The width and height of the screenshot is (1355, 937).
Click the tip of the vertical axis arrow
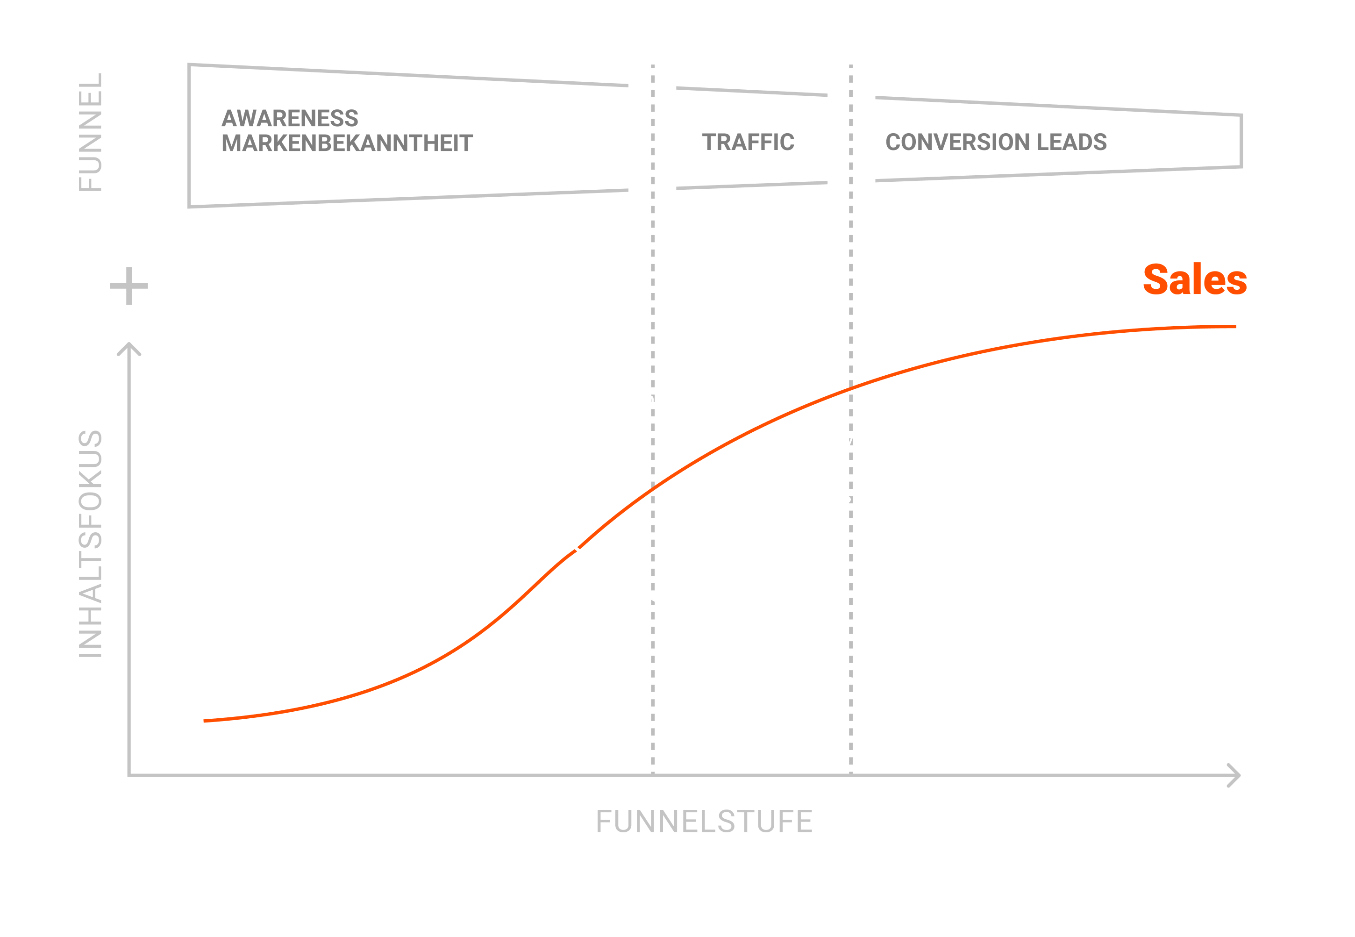tap(129, 343)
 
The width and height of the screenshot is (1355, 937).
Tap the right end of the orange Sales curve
tap(1236, 326)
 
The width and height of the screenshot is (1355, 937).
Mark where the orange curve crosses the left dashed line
tap(653, 488)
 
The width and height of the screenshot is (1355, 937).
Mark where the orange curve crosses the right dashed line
tap(850, 388)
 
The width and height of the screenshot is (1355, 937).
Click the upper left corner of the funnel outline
tap(189, 64)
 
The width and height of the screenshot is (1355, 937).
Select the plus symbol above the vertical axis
tap(129, 286)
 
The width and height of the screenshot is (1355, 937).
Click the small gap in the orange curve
tap(577, 550)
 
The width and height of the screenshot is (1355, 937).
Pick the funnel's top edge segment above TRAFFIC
tap(752, 92)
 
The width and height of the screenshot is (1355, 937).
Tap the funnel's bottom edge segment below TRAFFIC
tap(752, 186)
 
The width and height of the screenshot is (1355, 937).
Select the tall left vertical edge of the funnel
tap(189, 136)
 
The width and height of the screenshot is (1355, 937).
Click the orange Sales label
tap(1195, 279)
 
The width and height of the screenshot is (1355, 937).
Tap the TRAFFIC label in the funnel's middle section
tap(748, 142)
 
